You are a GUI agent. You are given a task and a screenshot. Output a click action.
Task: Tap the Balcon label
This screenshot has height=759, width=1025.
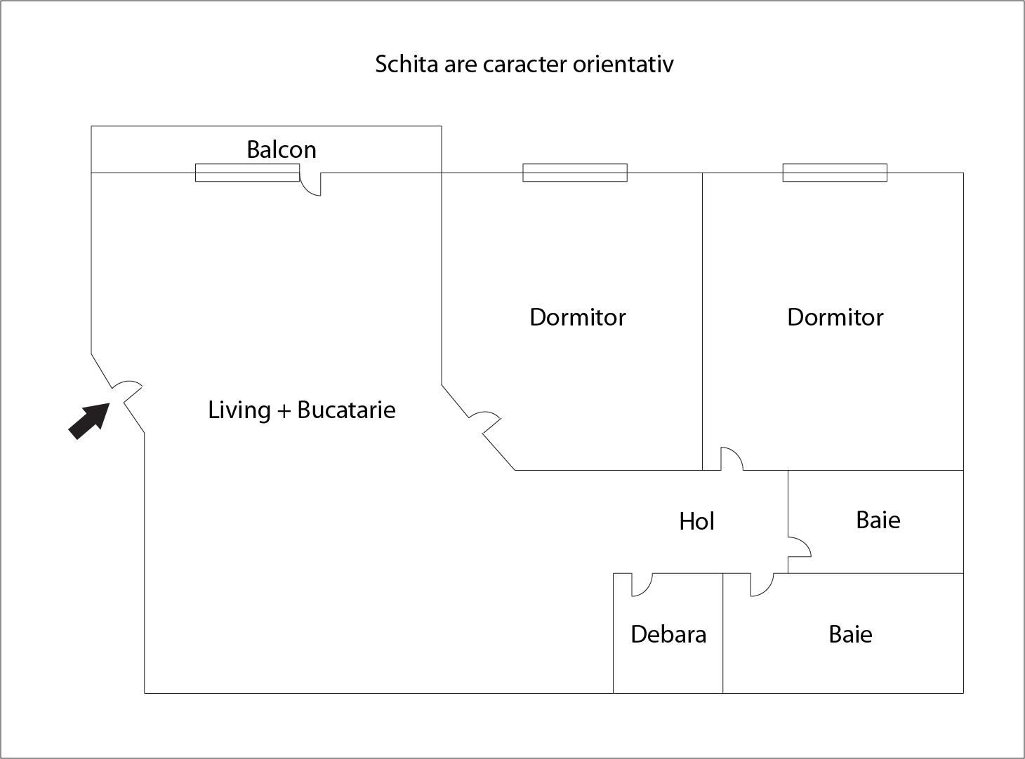coord(281,149)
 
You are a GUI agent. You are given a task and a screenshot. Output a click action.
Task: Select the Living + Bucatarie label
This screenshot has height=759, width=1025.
coord(301,410)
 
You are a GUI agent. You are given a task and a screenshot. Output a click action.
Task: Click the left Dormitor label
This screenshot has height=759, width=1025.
coord(577,317)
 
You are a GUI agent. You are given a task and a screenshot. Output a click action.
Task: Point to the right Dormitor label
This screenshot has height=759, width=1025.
coord(835,317)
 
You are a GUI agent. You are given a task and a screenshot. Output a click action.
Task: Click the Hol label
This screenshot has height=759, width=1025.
coord(696,521)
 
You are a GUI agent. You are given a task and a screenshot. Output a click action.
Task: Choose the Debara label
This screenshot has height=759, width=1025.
coord(668,634)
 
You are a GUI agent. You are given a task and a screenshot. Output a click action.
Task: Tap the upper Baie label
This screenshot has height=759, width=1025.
coord(878,520)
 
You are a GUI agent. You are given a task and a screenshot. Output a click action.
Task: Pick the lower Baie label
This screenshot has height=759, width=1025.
coord(850,634)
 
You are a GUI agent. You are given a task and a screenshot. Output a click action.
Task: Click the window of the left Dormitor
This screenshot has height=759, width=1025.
coord(574,173)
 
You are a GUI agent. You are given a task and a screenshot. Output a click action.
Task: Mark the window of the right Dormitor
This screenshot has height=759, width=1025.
coord(835,173)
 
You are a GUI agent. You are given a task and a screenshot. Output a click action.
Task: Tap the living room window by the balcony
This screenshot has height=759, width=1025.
coord(247,173)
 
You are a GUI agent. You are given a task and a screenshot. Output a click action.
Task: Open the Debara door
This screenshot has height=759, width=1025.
coord(641,584)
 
